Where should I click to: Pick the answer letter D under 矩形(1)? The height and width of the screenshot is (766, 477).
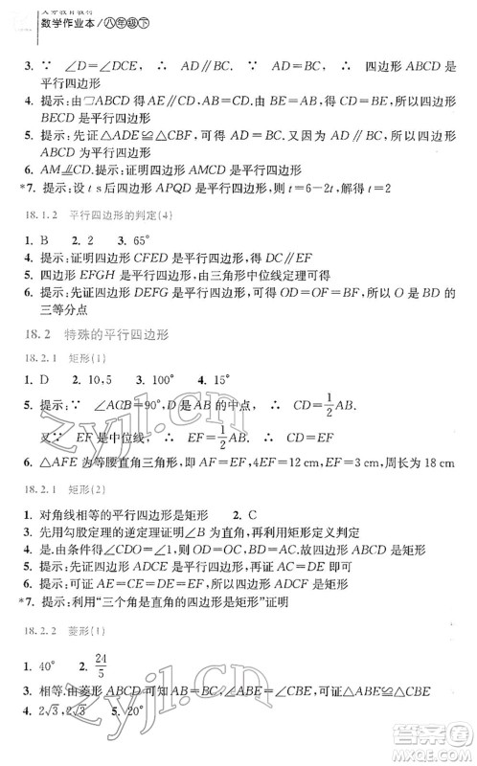tap(43, 379)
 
